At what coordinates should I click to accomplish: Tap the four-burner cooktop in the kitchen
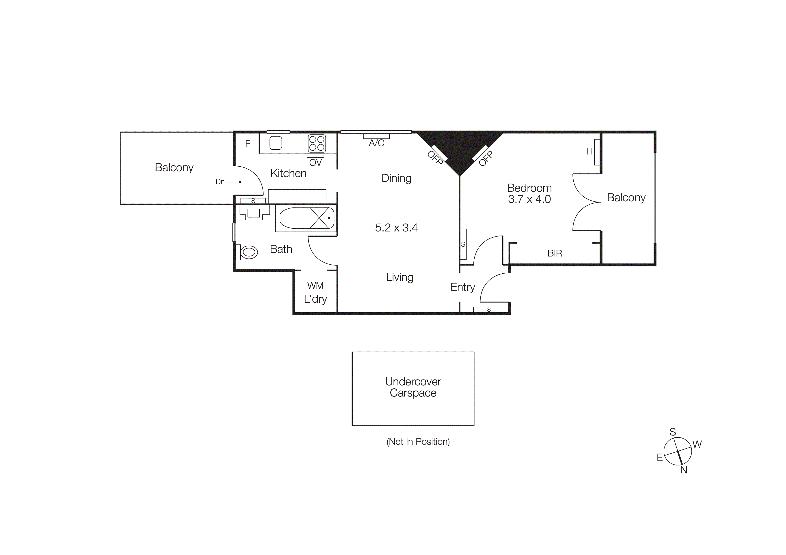coord(317,143)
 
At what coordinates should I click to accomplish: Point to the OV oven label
coord(315,163)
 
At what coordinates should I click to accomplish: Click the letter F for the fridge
coord(248,144)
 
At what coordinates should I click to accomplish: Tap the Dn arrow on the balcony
coord(233,182)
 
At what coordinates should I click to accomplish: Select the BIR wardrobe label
coord(555,253)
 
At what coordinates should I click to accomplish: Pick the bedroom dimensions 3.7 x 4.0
coord(529,199)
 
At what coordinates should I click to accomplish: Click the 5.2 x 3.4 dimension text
coord(396,228)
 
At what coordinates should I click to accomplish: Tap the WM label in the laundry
coord(315,285)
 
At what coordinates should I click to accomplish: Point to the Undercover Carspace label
coord(413,387)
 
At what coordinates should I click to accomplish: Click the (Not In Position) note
coord(418,442)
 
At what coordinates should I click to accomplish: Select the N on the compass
coord(684,470)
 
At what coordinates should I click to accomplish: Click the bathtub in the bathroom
coord(306,218)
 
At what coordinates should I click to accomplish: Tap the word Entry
coord(462,287)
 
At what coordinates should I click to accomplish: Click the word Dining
coord(396,178)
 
